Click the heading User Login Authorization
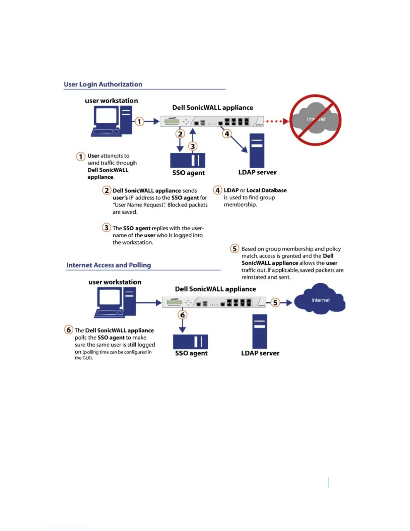pos(103,84)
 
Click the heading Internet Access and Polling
pos(109,265)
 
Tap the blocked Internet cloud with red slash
pos(315,120)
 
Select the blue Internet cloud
pos(320,299)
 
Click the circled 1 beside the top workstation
pos(139,121)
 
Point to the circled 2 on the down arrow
pos(180,134)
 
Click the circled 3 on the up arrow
pos(193,146)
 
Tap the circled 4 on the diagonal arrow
pos(227,134)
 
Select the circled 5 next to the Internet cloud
pos(275,303)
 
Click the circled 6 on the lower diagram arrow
pos(183,315)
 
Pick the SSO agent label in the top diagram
pos(188,173)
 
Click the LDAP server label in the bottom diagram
pos(260,353)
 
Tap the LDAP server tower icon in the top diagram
pos(257,151)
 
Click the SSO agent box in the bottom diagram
pos(190,342)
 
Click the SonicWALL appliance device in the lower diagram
pos(214,302)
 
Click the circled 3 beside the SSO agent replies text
pos(106,228)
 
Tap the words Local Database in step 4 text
pos(266,190)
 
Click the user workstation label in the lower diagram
pos(115,282)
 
